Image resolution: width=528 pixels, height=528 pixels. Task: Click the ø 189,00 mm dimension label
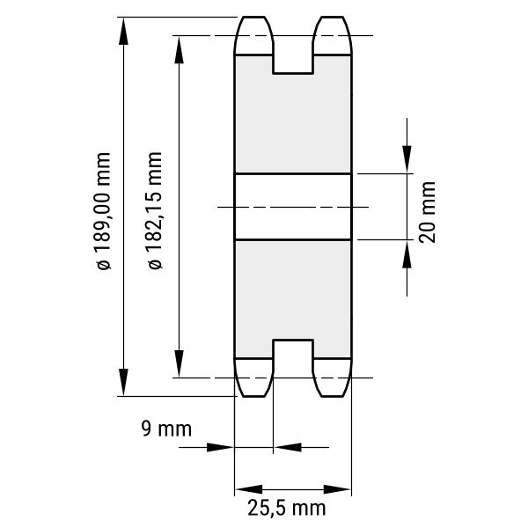tap(103, 211)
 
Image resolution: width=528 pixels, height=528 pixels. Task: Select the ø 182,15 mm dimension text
tap(155, 210)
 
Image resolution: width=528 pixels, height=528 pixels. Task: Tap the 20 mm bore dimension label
tap(428, 212)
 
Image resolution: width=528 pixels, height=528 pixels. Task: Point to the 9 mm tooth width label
tap(166, 429)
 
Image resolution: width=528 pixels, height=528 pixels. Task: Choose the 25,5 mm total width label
tap(287, 508)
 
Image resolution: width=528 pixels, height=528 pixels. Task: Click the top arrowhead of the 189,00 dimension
tap(123, 32)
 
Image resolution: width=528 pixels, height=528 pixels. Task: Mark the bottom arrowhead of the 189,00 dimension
tap(123, 382)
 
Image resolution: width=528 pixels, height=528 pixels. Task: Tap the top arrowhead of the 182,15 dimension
tap(179, 50)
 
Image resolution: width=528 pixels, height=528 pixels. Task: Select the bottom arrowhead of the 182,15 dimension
tap(179, 363)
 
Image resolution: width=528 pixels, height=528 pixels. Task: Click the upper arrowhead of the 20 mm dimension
tap(407, 159)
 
